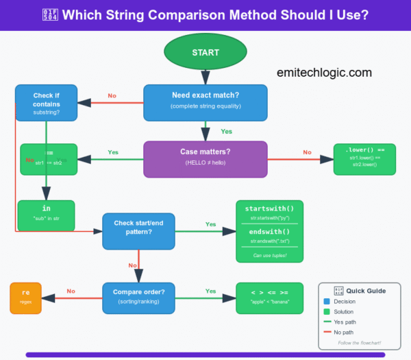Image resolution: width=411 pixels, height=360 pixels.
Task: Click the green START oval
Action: [206, 52]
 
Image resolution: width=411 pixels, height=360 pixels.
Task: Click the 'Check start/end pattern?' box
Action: [139, 230]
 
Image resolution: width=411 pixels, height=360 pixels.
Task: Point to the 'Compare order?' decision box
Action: [139, 298]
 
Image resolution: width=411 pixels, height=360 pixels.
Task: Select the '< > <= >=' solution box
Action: [269, 297]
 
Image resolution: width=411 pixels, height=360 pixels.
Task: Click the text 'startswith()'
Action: [269, 208]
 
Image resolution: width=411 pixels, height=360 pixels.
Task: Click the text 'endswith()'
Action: [269, 232]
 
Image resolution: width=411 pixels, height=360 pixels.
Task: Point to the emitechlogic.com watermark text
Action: [325, 72]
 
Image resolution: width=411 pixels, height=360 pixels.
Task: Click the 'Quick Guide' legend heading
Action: [366, 291]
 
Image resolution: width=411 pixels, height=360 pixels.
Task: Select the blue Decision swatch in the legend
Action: [327, 301]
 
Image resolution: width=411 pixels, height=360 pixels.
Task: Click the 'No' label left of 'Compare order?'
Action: [71, 291]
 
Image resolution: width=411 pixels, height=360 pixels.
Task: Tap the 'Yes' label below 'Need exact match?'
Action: [226, 131]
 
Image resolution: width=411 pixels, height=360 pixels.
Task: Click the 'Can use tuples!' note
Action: [269, 255]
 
